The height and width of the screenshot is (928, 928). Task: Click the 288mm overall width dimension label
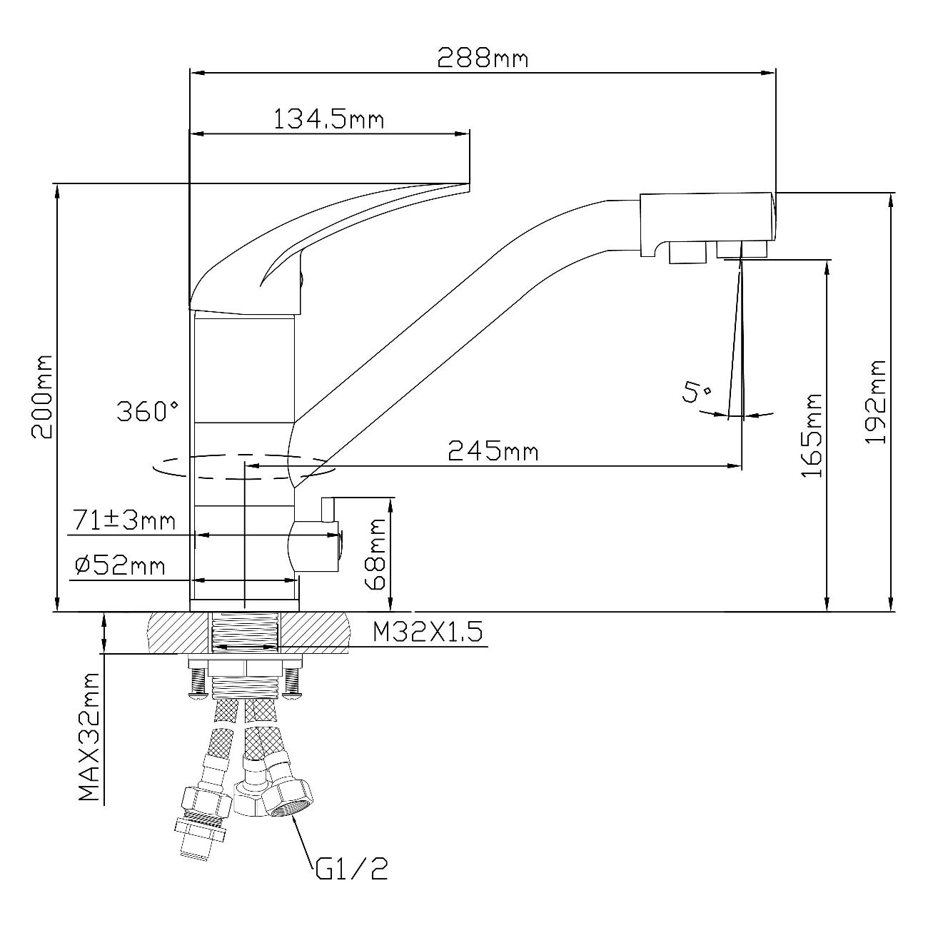(483, 57)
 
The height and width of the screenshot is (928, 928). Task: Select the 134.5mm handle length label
(328, 118)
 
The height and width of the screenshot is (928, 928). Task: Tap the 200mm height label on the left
(41, 397)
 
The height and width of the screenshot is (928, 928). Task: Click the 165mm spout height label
(812, 435)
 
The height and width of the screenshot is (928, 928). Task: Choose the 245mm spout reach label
(493, 451)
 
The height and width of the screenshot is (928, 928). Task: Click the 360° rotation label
(148, 411)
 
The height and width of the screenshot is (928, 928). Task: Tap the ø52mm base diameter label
(120, 566)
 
